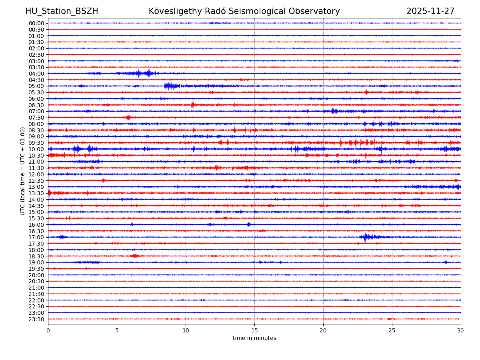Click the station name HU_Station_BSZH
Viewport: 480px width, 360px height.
[62, 11]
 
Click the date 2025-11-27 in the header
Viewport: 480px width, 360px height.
[430, 11]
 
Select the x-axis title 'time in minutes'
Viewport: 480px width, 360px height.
[254, 338]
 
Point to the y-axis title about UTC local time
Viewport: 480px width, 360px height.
[23, 171]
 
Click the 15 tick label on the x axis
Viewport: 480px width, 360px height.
[254, 331]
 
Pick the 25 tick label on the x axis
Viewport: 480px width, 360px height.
[392, 331]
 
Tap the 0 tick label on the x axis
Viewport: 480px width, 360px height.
[48, 331]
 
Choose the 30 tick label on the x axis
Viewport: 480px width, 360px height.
[461, 331]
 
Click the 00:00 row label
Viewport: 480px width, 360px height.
[36, 23]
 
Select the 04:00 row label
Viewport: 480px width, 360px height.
[36, 74]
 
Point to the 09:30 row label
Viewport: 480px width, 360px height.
[36, 143]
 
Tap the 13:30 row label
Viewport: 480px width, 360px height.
[36, 193]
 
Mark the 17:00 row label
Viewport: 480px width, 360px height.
[36, 237]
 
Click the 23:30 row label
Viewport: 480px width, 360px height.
[36, 319]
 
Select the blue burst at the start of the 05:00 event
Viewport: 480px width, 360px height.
[171, 86]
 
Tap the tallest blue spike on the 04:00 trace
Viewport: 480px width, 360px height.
[149, 73]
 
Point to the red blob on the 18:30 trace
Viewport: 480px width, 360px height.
[134, 256]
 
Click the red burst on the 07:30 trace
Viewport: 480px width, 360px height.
[128, 117]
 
